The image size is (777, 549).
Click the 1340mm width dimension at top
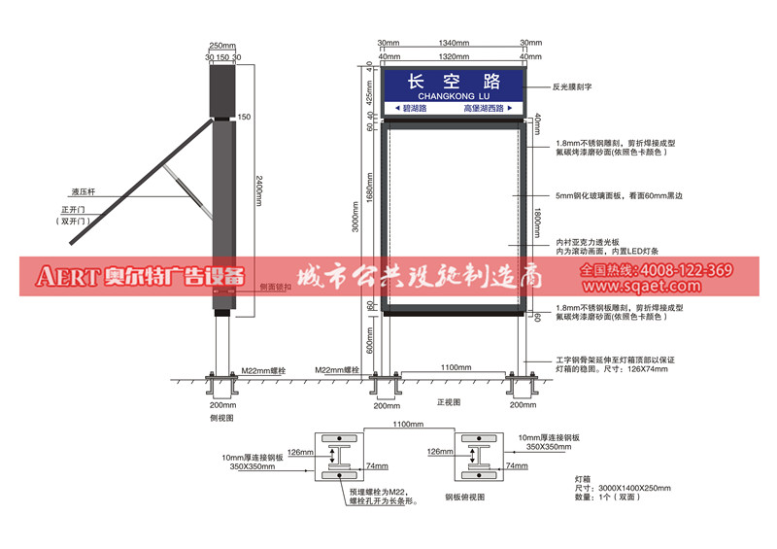tap(454, 43)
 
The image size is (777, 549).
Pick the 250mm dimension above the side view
tap(223, 46)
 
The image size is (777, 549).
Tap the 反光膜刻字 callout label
tap(573, 86)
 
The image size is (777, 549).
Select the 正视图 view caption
tap(449, 400)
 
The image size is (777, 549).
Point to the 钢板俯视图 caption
tap(464, 496)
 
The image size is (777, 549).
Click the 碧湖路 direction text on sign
tap(414, 108)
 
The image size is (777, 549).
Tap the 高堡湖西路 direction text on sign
tap(484, 108)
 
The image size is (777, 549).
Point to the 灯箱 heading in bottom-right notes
tap(584, 478)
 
